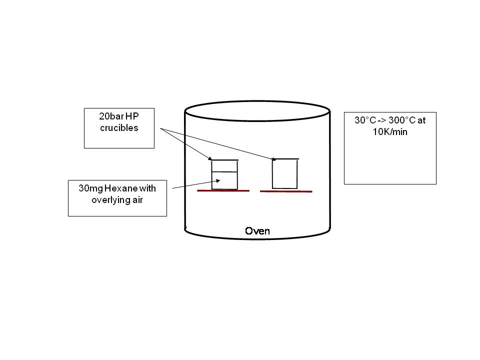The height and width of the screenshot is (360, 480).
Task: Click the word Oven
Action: (257, 231)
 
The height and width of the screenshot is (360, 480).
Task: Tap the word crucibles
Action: (118, 128)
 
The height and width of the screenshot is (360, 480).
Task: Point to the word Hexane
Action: (118, 189)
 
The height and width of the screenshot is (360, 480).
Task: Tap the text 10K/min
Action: (390, 132)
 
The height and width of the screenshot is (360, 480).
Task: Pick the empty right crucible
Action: (284, 174)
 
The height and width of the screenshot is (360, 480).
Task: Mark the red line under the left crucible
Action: (222, 191)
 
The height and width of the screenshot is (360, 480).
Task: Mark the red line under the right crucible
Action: (286, 191)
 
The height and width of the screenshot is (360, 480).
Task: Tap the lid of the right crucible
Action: (285, 159)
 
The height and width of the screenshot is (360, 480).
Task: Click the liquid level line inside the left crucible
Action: (224, 172)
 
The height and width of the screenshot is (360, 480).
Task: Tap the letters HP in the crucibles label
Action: (131, 118)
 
